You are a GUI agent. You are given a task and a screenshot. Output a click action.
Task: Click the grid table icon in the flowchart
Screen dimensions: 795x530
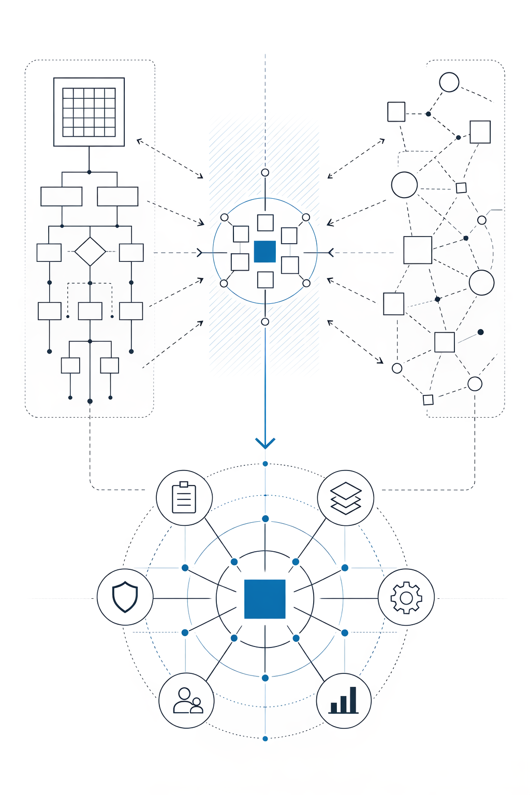click(x=89, y=112)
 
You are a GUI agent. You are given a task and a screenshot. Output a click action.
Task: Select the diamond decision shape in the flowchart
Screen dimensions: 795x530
click(x=90, y=252)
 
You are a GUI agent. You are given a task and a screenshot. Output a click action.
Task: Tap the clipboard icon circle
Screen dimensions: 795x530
click(x=184, y=498)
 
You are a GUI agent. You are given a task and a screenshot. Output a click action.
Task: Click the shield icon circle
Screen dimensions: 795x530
click(x=125, y=597)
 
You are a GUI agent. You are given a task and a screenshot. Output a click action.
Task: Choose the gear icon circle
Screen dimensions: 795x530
click(x=406, y=597)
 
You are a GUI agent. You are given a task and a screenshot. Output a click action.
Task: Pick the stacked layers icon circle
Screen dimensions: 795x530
click(x=346, y=498)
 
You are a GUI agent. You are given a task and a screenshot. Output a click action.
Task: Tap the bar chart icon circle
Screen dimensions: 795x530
click(x=344, y=701)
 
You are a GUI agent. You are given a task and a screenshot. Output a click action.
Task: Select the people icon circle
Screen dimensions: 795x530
click(x=186, y=701)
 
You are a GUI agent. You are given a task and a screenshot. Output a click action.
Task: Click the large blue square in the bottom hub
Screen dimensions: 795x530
click(x=265, y=599)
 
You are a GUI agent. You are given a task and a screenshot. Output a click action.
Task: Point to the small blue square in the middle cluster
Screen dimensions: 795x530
click(x=265, y=252)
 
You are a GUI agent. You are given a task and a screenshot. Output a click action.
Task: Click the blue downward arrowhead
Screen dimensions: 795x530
click(x=265, y=443)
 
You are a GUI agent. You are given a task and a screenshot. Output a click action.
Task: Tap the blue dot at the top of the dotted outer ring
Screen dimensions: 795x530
click(x=265, y=464)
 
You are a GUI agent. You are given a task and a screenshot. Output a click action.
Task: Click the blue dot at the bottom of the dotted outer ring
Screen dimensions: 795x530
click(x=265, y=739)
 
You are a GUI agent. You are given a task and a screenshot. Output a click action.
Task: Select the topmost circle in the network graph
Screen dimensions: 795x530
click(x=449, y=82)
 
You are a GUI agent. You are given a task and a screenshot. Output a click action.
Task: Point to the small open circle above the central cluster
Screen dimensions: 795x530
click(x=265, y=172)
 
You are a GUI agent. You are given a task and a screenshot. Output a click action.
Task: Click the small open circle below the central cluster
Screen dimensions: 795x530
click(x=265, y=322)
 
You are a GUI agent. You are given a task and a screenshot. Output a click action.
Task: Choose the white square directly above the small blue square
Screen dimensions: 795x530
click(x=266, y=223)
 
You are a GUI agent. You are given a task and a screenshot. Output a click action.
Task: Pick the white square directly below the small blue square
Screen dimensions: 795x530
click(x=266, y=280)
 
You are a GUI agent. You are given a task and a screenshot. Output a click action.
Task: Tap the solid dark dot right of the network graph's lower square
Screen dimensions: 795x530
click(x=480, y=332)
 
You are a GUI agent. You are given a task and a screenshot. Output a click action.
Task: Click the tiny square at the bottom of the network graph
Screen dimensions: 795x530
click(x=428, y=400)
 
